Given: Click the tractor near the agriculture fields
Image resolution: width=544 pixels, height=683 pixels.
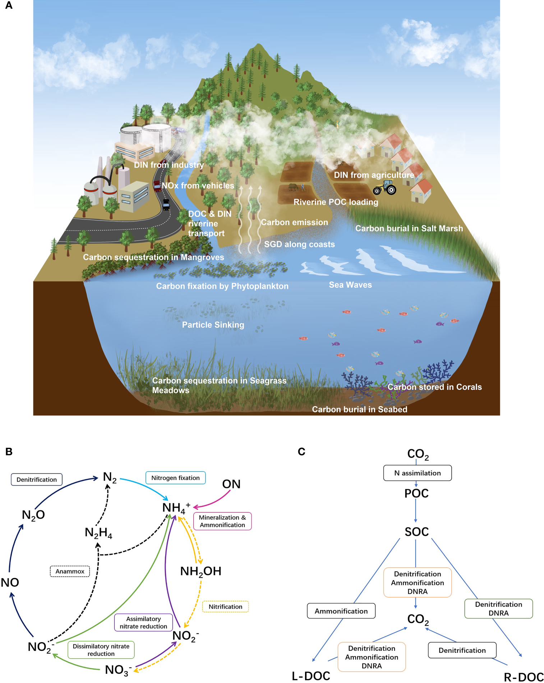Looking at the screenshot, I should tap(385, 187).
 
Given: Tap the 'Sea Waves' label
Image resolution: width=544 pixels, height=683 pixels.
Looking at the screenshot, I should tap(350, 285).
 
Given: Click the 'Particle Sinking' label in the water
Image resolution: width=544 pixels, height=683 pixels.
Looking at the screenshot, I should tap(213, 325).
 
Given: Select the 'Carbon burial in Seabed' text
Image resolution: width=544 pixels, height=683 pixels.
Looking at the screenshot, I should tap(359, 409).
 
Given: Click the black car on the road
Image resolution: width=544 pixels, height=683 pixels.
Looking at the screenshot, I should tap(166, 204).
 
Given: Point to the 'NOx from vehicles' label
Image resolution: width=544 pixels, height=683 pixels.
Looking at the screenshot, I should tap(198, 186).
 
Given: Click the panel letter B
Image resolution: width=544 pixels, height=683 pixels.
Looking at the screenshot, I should tap(9, 452).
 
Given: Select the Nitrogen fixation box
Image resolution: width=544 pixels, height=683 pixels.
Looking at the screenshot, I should tap(175, 478).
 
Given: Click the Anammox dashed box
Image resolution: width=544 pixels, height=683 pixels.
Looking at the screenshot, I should tap(70, 571).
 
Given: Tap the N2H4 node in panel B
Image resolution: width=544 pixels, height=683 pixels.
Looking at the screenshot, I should tap(98, 533).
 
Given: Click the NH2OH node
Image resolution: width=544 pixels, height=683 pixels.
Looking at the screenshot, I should tap(200, 571).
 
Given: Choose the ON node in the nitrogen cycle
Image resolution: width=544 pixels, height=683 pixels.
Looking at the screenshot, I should tap(231, 484).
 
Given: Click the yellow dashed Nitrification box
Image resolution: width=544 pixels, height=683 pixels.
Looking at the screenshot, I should tap(225, 606).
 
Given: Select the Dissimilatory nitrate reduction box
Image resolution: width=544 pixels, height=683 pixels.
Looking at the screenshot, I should tap(101, 650).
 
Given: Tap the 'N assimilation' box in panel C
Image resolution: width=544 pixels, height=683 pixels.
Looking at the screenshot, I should tap(417, 473).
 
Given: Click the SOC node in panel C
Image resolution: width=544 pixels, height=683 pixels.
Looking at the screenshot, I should tap(416, 532).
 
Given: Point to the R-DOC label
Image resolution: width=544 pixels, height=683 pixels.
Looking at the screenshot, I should tap(523, 677).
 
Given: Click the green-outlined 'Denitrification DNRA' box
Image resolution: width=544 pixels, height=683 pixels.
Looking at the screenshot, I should tap(498, 609).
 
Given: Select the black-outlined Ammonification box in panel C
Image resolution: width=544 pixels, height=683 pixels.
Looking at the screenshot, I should tap(341, 611).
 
